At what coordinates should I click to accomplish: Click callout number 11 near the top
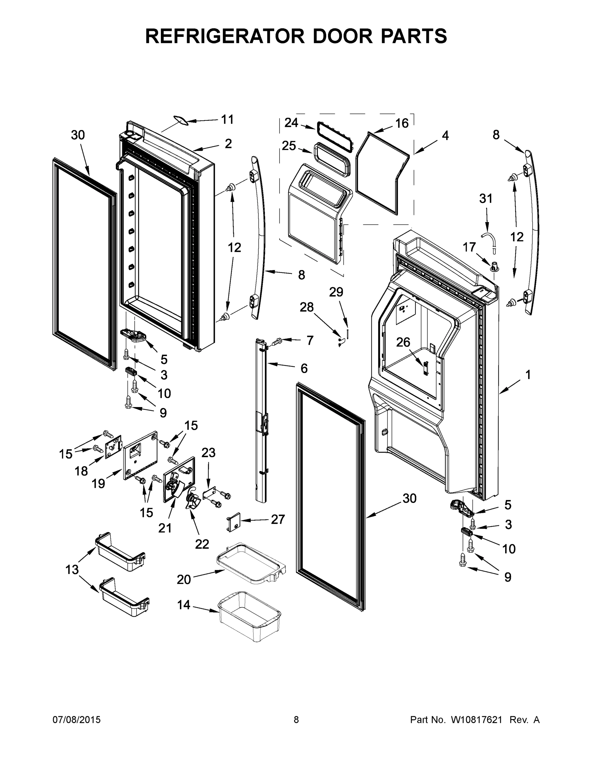[x=227, y=120]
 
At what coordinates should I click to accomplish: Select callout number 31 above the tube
[x=486, y=199]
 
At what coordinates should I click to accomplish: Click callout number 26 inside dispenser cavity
[x=403, y=342]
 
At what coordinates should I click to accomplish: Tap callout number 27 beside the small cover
[x=278, y=519]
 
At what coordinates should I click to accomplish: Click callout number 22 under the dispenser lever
[x=202, y=544]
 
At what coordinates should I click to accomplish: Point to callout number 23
[x=208, y=453]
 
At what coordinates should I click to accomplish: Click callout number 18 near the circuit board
[x=81, y=471]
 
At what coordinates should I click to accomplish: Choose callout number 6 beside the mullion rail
[x=304, y=368]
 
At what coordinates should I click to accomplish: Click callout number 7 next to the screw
[x=310, y=340]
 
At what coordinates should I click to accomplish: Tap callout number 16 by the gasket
[x=402, y=123]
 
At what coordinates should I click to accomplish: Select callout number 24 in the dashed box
[x=291, y=123]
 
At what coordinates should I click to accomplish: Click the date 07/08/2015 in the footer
[x=77, y=720]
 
